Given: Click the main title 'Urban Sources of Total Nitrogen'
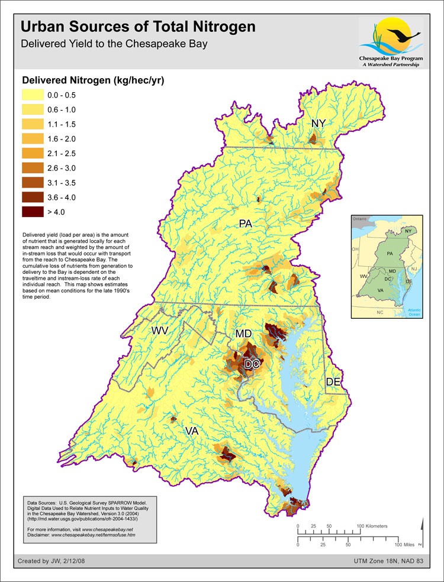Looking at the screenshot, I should tap(138, 27).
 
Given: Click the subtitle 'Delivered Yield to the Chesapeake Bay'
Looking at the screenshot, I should tap(114, 44).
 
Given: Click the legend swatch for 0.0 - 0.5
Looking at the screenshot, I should tap(32, 95).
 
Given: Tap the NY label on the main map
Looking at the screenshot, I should tap(318, 123).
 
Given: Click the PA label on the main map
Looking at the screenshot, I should tap(247, 224).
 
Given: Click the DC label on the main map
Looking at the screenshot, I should tap(252, 365).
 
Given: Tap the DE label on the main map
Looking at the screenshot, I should tap(333, 383).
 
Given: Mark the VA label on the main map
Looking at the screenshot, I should tap(191, 431).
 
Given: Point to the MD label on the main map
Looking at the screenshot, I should tap(244, 334).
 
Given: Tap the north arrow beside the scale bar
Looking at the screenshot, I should tap(420, 533).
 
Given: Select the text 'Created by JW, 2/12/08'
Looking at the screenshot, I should tap(52, 561).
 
